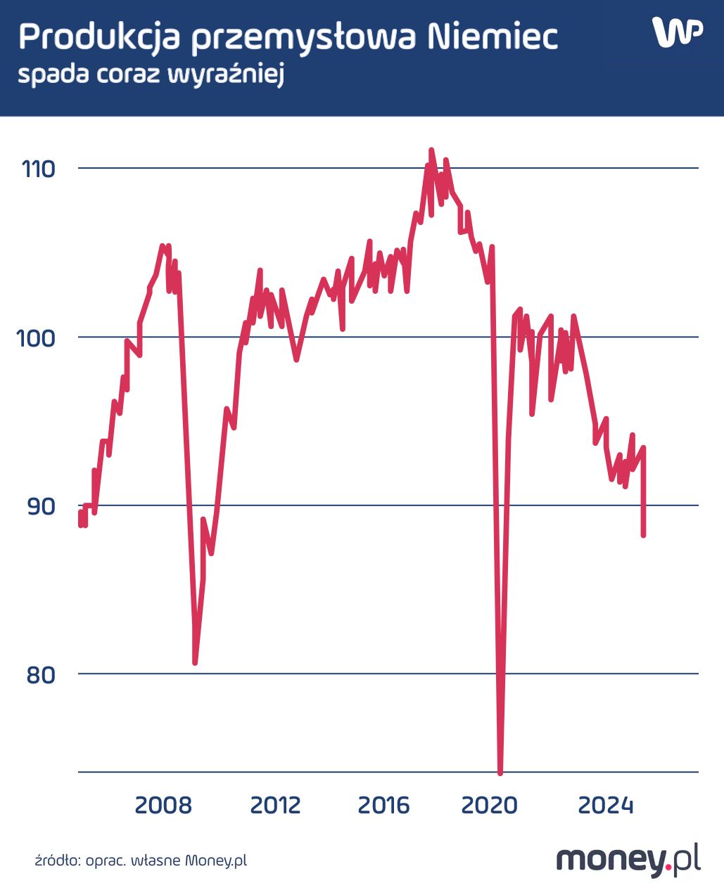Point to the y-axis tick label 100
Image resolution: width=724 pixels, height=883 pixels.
pos(36,338)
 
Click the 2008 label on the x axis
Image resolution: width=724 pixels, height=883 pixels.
pos(163,805)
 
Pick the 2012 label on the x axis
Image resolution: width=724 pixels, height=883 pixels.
pos(275,805)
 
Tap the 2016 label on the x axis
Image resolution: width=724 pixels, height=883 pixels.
pos(383,805)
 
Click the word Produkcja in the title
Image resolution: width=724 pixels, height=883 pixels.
pos(100,37)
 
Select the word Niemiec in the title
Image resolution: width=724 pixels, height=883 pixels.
pos(493,37)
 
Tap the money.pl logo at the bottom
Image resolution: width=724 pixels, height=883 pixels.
pos(628,859)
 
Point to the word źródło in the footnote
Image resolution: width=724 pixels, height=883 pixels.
pos(58,860)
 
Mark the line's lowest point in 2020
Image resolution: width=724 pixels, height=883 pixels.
pos(500,773)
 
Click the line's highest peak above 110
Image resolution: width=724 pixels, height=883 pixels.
pos(431,150)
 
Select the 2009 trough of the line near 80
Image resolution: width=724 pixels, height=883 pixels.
pos(195,662)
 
